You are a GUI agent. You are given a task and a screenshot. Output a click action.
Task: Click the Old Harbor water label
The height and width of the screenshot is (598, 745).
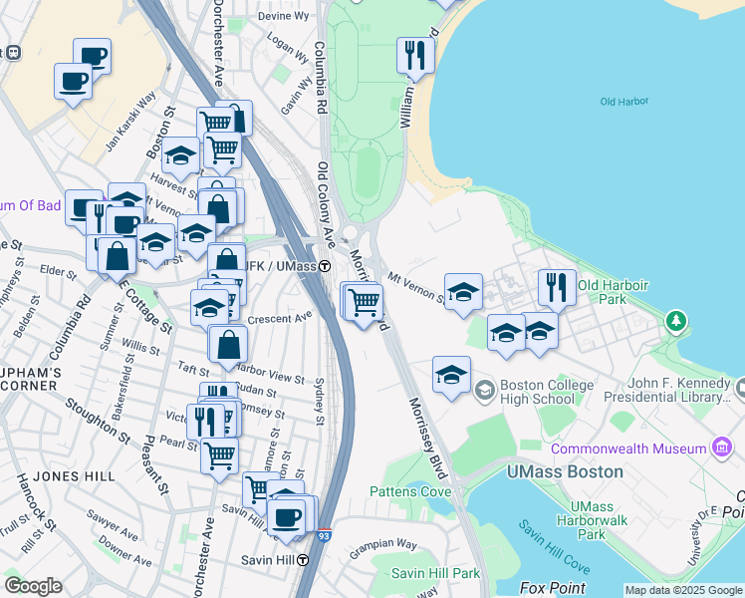click(624, 102)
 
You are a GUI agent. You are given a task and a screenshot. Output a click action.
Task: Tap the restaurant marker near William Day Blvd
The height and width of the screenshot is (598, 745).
click(414, 56)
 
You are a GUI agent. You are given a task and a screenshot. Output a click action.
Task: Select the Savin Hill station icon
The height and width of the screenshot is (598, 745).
click(301, 560)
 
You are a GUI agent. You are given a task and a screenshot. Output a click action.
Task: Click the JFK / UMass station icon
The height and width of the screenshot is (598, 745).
click(325, 266)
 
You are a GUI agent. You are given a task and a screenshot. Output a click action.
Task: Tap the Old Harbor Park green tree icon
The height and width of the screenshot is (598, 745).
click(677, 321)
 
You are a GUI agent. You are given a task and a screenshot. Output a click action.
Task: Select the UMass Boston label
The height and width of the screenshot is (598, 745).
click(565, 470)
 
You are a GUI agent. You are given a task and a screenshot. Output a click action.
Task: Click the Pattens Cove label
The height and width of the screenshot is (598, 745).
click(410, 491)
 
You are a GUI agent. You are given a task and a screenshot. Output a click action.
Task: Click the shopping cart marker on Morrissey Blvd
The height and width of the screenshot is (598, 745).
click(365, 300)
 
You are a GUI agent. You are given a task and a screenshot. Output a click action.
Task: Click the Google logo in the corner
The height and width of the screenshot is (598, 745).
click(33, 586)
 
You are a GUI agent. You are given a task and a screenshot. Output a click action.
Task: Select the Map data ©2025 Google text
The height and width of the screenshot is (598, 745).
click(683, 590)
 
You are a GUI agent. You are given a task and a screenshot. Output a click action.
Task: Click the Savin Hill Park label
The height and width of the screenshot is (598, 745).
click(435, 573)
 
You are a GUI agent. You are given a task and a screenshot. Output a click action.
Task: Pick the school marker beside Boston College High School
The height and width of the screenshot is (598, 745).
click(451, 376)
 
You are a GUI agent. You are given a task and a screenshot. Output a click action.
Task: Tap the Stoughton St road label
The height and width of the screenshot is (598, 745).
click(98, 422)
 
